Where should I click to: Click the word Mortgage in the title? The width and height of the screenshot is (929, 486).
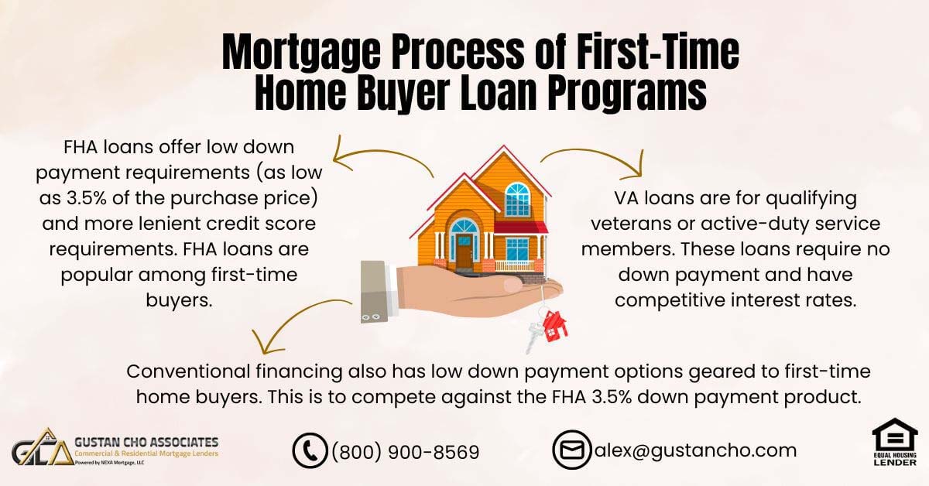(301, 53)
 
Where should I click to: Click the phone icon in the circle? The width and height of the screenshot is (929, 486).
(310, 450)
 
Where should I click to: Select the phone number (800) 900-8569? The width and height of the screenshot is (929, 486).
(405, 452)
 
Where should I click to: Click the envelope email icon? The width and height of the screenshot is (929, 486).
(572, 450)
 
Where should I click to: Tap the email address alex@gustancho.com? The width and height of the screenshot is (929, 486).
(695, 450)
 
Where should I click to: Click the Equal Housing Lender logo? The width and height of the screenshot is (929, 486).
(895, 442)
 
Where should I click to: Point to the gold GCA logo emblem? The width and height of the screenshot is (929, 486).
(43, 447)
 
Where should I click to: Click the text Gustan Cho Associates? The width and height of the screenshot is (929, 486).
(146, 442)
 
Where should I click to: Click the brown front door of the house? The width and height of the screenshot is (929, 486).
(464, 251)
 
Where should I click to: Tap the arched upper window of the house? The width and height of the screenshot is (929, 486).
(518, 200)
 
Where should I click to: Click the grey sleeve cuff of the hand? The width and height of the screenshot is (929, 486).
(375, 292)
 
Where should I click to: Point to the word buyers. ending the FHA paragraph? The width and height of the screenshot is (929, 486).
(179, 300)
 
